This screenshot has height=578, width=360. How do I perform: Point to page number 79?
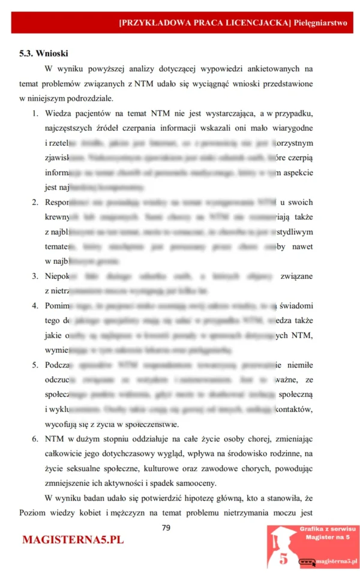coord(166,528)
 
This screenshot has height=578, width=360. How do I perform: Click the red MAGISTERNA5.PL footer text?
coord(73,540)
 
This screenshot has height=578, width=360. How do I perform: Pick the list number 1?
coord(35,113)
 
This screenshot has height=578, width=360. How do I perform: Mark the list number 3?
coord(35,276)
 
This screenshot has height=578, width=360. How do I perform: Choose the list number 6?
coord(35,439)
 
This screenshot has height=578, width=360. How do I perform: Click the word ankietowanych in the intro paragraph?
coord(270,68)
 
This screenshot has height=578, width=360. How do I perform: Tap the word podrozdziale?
coord(88,98)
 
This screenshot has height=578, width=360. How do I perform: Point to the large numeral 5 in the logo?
coord(283,559)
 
